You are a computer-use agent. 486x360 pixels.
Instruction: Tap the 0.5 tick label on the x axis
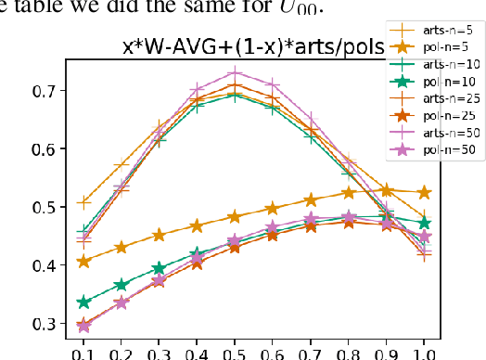pyautogui.click(x=236, y=353)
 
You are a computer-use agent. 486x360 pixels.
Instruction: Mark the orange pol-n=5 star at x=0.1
pyautogui.click(x=84, y=261)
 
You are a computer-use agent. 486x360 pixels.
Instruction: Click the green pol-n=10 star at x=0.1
pyautogui.click(x=84, y=302)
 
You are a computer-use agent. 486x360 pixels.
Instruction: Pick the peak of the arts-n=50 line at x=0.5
pyautogui.click(x=236, y=71)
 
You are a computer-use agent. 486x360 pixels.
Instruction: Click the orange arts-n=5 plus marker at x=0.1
pyautogui.click(x=84, y=201)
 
